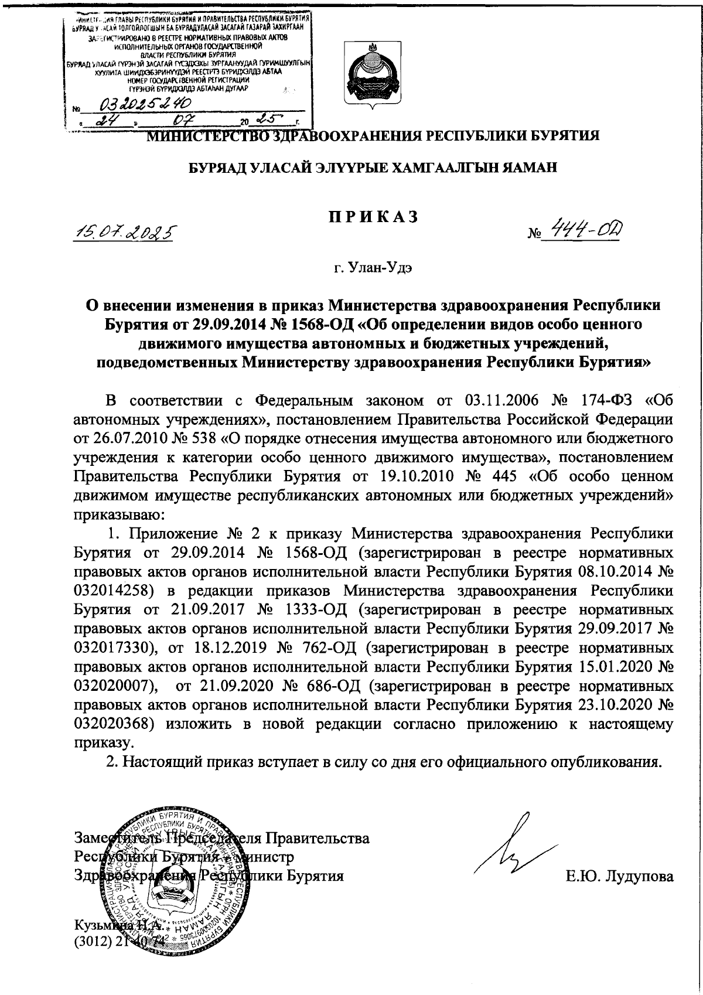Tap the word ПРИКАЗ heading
373,216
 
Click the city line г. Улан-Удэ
373,269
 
